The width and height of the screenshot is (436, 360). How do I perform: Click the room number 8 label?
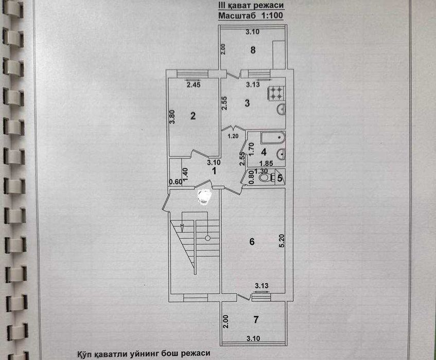[x=252, y=50]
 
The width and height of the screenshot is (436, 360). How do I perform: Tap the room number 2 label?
[x=193, y=116]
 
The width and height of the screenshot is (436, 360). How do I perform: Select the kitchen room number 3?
[x=247, y=103]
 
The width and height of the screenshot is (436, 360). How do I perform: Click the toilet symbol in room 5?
[x=265, y=178]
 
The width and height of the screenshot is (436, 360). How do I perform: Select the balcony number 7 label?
[x=255, y=319]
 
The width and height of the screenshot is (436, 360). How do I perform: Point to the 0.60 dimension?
[x=175, y=181]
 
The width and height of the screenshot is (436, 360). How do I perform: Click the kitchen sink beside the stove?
[x=281, y=110]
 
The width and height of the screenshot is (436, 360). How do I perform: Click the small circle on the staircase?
[x=207, y=238]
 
